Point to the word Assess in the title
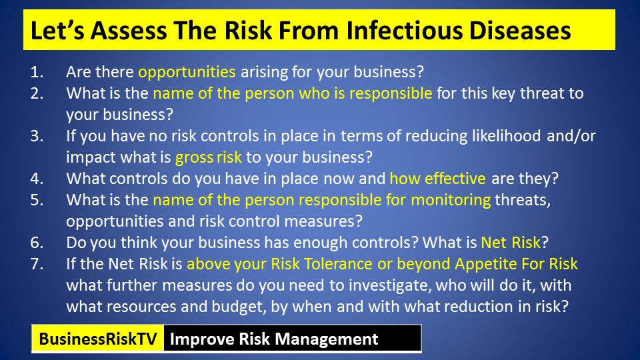point(129,31)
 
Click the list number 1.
point(37,72)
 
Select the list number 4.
point(37,179)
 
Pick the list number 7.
point(37,264)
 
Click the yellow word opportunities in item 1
point(187,73)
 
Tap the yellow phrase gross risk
point(208,158)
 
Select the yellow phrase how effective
point(437,179)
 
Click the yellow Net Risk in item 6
point(511,243)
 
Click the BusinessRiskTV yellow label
point(97,339)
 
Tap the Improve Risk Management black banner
point(292,339)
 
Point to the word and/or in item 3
point(571,136)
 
